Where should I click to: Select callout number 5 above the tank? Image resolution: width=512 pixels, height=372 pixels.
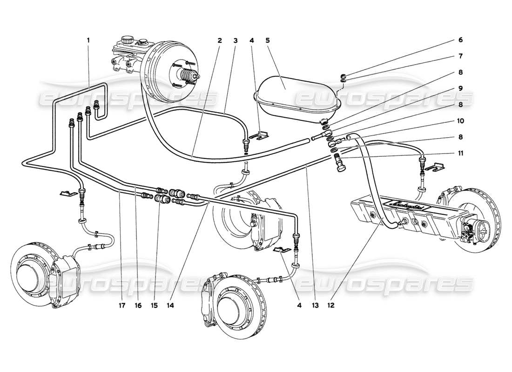click(268, 40)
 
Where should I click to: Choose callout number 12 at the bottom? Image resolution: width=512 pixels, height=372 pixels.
click(331, 306)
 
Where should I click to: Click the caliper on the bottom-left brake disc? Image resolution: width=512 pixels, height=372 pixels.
click(63, 284)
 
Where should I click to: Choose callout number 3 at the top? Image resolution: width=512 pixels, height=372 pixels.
click(236, 40)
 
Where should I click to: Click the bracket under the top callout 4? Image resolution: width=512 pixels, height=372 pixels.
click(259, 136)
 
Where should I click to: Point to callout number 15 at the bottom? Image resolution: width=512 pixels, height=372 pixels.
click(155, 306)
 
